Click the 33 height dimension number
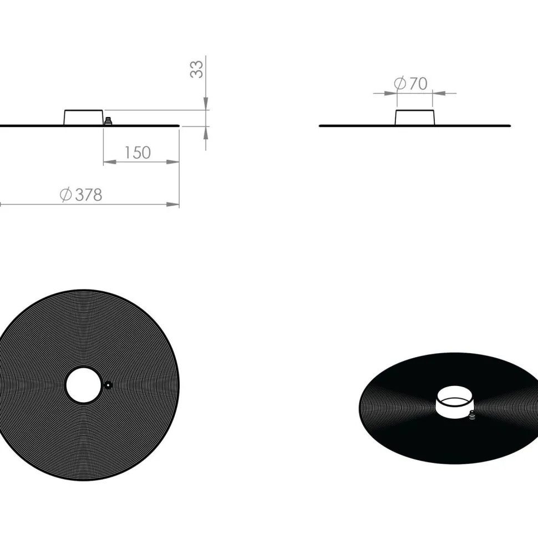point(196,70)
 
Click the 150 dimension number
point(137,153)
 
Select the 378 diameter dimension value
point(89,195)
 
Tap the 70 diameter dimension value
point(419,83)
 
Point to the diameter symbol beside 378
point(65,195)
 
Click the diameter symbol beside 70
point(400,83)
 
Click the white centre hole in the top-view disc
point(83,385)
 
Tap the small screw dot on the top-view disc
point(108,385)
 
